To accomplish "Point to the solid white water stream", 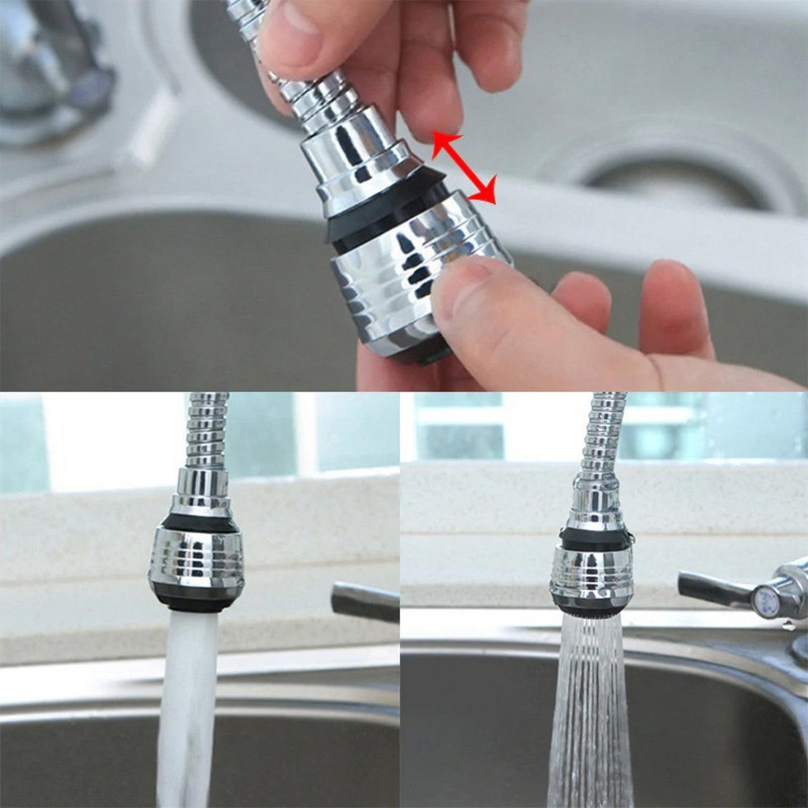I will (187, 699).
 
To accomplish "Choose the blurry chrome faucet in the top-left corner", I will (50, 73).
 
